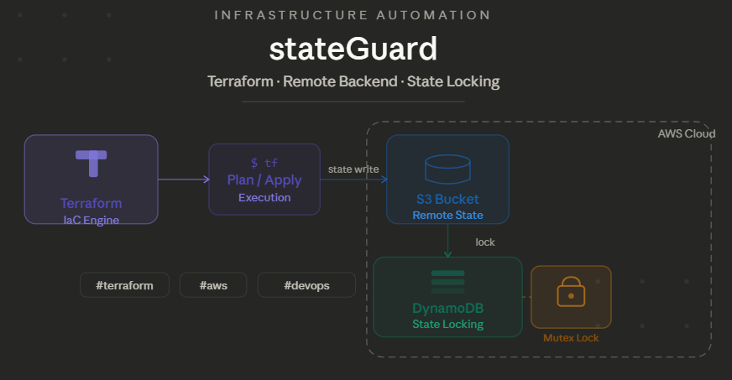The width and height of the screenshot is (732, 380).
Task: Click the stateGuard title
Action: tap(353, 49)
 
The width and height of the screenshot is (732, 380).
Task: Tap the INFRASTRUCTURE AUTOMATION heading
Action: tap(353, 16)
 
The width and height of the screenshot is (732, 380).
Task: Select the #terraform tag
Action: tap(124, 285)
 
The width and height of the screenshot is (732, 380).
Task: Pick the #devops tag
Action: tap(306, 285)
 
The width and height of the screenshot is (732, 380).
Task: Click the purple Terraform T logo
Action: tap(91, 163)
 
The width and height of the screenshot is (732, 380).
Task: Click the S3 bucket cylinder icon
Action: tap(447, 169)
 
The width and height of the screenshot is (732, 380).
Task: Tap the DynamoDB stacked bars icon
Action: tap(447, 281)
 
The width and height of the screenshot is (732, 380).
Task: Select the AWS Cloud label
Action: tap(686, 134)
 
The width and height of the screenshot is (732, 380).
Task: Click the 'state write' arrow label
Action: tap(353, 169)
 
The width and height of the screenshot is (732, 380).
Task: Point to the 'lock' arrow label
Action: tap(485, 242)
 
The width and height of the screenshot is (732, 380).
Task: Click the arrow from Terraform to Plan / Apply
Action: tap(183, 180)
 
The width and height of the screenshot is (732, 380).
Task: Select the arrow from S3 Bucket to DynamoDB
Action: tap(448, 241)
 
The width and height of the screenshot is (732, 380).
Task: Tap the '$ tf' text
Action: tap(264, 163)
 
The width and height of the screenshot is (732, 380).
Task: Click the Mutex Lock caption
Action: tap(571, 338)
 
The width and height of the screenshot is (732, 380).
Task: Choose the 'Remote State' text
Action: tap(447, 216)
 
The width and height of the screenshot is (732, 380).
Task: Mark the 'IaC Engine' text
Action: tap(91, 220)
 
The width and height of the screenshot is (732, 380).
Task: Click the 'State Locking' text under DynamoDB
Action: tap(447, 324)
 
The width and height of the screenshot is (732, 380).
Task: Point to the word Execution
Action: tap(264, 198)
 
